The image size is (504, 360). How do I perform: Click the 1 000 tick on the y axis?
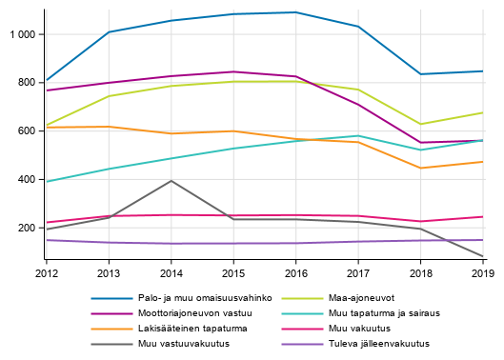point(21,34)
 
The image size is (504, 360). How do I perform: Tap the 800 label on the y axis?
point(26,83)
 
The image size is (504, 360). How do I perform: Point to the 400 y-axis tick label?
point(26,180)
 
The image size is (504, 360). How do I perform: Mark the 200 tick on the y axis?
point(26,229)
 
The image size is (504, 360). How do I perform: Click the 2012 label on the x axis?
point(45,273)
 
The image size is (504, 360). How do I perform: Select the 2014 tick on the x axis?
point(171,273)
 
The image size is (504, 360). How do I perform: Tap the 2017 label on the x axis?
point(358,273)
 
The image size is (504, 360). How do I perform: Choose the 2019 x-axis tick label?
point(483,273)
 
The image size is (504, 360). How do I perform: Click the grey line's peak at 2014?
point(171,181)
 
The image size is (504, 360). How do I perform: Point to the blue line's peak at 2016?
point(295,12)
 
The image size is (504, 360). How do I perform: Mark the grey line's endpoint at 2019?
point(483,256)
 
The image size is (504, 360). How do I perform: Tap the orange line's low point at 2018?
point(420,169)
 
